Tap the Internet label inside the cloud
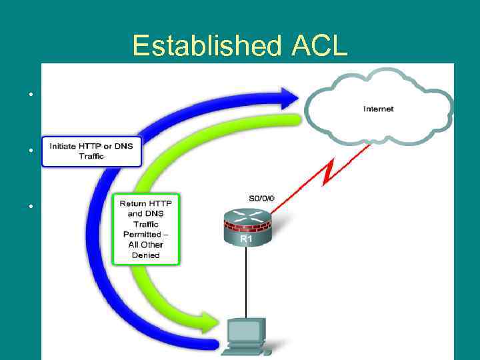[x=378, y=109]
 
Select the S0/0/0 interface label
[x=260, y=198]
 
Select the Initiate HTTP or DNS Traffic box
[x=91, y=151]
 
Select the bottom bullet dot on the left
[x=31, y=205]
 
